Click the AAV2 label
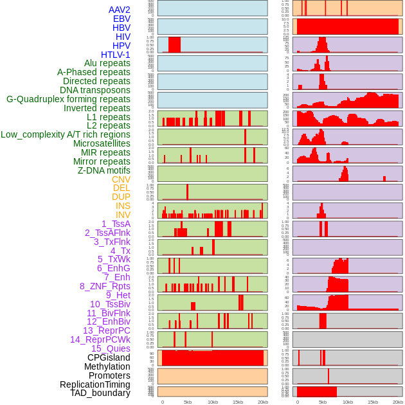pyautogui.click(x=120, y=10)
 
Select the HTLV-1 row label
pyautogui.click(x=116, y=55)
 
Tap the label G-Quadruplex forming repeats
pyautogui.click(x=68, y=99)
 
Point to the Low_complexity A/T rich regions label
pyautogui.click(x=66, y=134)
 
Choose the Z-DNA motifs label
pyautogui.click(x=104, y=170)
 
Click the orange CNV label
pyautogui.click(x=121, y=179)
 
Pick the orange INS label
pyautogui.click(x=123, y=206)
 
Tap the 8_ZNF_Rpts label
pyautogui.click(x=105, y=286)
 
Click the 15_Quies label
pyautogui.click(x=111, y=348)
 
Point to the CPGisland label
pyautogui.click(x=109, y=357)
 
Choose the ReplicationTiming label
pyautogui.click(x=94, y=384)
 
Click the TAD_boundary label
pyautogui.click(x=100, y=393)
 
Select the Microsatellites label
pyautogui.click(x=102, y=143)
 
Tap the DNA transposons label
pyautogui.click(x=95, y=90)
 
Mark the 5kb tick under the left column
pyautogui.click(x=188, y=402)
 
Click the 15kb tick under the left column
pyautogui.click(x=238, y=402)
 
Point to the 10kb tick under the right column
pyautogui.click(x=348, y=402)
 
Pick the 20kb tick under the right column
pyautogui.click(x=398, y=402)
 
